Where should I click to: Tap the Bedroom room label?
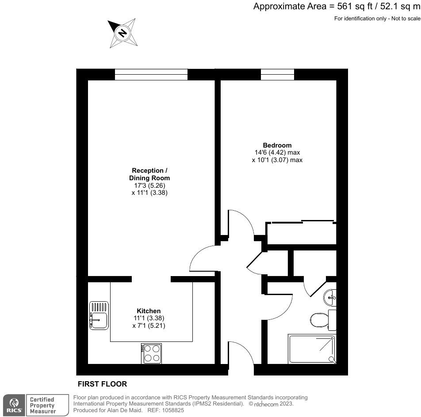point(277,145)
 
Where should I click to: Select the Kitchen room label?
point(149,311)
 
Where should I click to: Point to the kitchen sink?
point(99,315)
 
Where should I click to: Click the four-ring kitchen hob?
point(152,353)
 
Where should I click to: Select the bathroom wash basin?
point(330,297)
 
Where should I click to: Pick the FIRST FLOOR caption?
point(102,384)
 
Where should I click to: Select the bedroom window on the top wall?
point(277,75)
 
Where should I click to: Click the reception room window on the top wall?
point(151,75)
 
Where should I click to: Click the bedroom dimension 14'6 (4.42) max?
point(277,152)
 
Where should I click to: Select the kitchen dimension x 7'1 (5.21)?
point(149,326)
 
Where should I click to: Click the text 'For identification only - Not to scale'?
point(377,18)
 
